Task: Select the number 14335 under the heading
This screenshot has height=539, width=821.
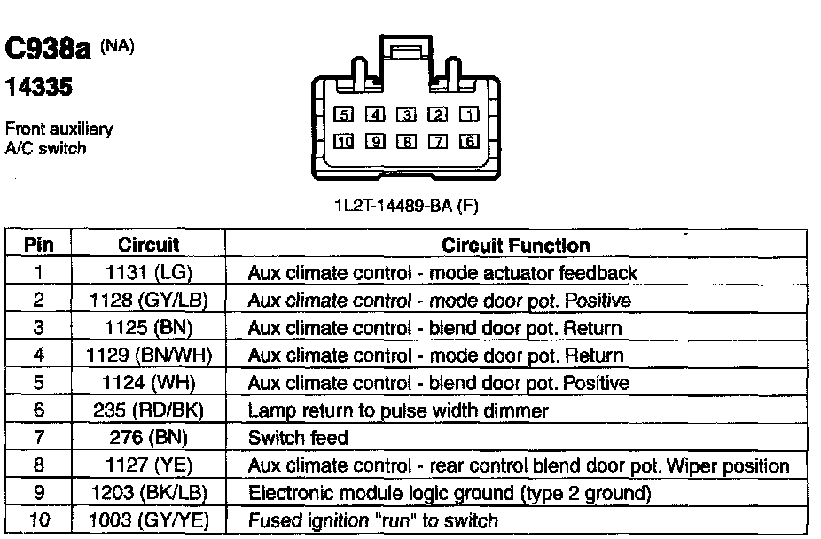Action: [38, 90]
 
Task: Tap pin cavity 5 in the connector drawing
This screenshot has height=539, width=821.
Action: [345, 114]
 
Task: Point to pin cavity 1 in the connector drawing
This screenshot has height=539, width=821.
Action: [470, 114]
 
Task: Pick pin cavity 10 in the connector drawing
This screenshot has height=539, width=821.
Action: [345, 141]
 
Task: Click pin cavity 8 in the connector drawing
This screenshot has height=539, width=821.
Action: [407, 141]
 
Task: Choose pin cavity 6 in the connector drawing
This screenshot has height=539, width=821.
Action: [470, 141]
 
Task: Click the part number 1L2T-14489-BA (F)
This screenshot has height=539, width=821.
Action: [406, 207]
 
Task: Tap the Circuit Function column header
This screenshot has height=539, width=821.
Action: [515, 245]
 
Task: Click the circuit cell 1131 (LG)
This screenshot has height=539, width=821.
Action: [148, 273]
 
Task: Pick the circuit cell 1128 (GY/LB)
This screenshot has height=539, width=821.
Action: [148, 301]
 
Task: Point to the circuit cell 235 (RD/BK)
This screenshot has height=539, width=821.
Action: [148, 410]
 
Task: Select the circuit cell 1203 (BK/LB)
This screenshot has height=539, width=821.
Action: [148, 493]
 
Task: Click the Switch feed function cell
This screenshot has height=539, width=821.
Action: [299, 438]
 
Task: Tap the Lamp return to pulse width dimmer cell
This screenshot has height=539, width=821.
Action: [399, 410]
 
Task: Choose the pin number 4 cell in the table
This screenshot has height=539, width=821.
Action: [39, 355]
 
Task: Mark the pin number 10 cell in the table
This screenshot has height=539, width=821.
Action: [39, 520]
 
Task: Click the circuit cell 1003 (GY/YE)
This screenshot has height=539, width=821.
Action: [148, 520]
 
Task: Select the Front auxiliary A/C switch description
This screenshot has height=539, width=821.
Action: [59, 139]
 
